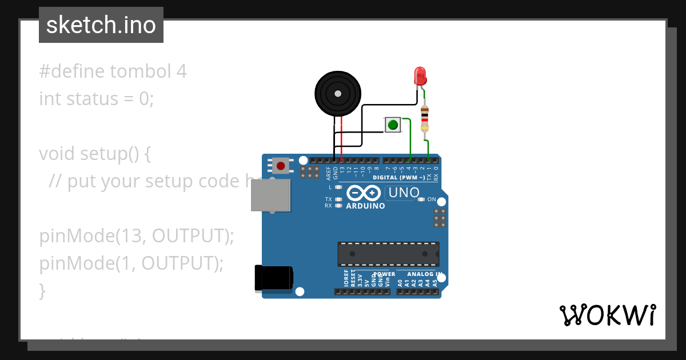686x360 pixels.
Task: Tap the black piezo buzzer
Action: pos(338,94)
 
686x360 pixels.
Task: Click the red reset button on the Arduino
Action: pos(280,166)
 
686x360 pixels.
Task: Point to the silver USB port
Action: pos(270,195)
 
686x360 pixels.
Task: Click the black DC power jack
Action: pos(273,279)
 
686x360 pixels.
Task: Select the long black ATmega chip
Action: pos(388,254)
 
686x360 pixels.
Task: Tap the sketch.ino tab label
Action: pos(101,25)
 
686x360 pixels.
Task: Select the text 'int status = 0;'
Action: pos(97,98)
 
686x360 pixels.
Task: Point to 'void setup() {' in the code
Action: pos(94,154)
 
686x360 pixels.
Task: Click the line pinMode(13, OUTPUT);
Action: pos(137,236)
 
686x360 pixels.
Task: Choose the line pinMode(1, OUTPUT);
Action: pos(131,263)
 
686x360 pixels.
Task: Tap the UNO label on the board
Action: pos(404,193)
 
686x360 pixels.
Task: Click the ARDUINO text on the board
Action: pos(366,206)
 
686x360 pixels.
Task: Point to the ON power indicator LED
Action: pos(421,199)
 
